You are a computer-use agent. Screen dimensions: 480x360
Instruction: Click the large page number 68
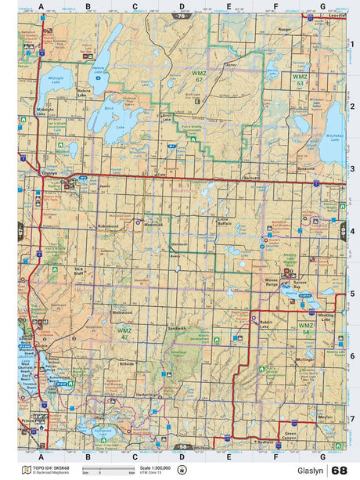pyautogui.click(x=340, y=470)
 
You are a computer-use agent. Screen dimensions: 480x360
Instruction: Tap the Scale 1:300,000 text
pyautogui.click(x=155, y=467)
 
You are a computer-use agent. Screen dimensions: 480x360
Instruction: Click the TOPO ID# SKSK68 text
pyautogui.click(x=50, y=467)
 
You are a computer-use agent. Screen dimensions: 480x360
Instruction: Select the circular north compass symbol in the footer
pyautogui.click(x=182, y=470)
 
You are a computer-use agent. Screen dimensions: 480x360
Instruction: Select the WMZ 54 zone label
pyautogui.click(x=306, y=327)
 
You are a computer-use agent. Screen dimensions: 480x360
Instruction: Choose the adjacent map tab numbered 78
pyautogui.click(x=183, y=16)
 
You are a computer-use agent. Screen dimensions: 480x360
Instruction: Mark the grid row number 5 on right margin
pyautogui.click(x=352, y=294)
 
